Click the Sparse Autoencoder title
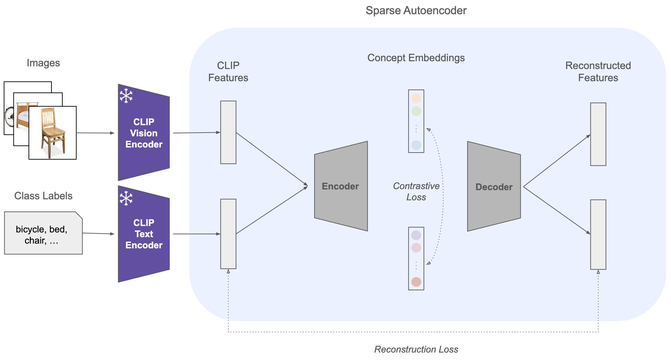(416, 10)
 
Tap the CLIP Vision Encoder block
(144, 132)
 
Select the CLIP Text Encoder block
(144, 234)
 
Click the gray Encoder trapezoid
(341, 186)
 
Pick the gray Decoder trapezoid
(494, 186)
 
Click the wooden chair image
(52, 133)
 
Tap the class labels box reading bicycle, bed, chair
(43, 233)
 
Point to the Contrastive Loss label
(416, 192)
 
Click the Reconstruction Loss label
(416, 349)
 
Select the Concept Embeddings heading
(416, 58)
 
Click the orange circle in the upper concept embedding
(416, 98)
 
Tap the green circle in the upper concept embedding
(416, 111)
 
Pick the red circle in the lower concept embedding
(416, 282)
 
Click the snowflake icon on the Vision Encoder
(126, 96)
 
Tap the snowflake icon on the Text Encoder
(126, 198)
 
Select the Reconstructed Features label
(598, 71)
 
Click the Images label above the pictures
(43, 63)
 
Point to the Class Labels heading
(43, 196)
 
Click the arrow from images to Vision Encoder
(95, 133)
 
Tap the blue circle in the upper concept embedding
(416, 145)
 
